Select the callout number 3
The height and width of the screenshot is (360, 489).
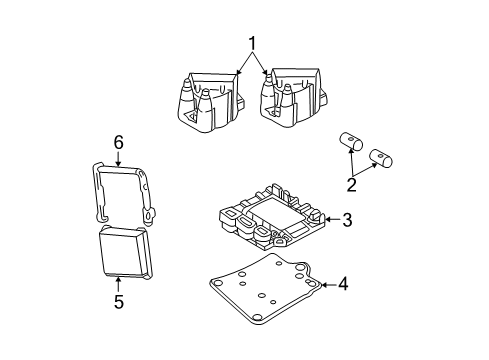tap(345, 219)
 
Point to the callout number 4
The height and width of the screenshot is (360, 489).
tap(343, 284)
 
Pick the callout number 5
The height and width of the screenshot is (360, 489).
tap(118, 302)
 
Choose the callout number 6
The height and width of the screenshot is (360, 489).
tap(118, 144)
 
